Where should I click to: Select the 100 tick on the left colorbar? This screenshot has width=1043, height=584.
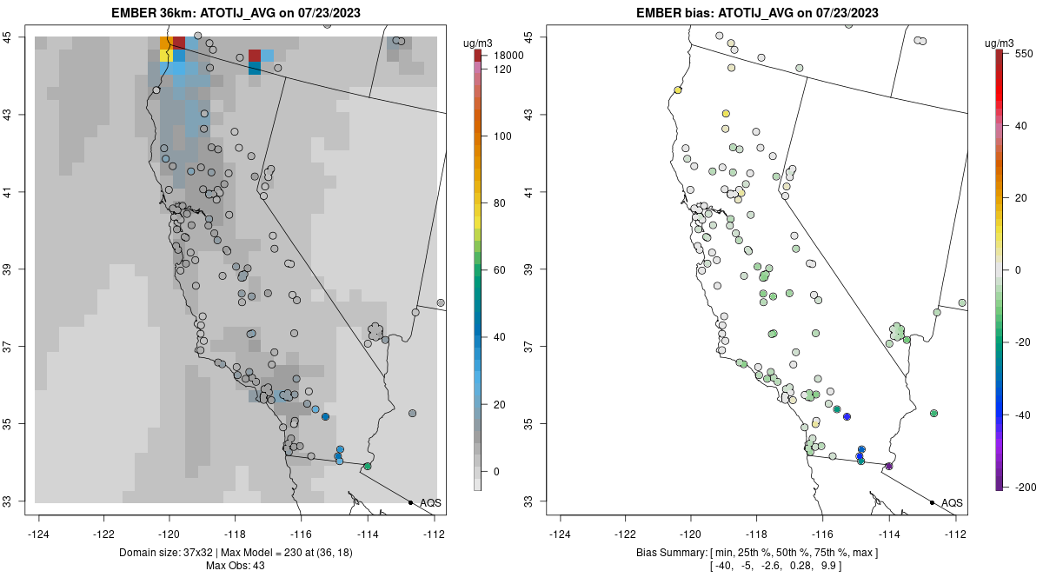502,136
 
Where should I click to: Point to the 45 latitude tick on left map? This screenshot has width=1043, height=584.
16,36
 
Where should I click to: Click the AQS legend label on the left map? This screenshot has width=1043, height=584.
430,503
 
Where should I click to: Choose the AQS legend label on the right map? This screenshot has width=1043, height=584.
952,503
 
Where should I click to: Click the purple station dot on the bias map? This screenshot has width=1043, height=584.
889,467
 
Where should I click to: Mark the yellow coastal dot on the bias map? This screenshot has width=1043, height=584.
678,90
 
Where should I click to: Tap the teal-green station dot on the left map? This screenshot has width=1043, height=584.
368,467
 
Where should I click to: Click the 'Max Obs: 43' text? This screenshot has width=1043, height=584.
235,566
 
